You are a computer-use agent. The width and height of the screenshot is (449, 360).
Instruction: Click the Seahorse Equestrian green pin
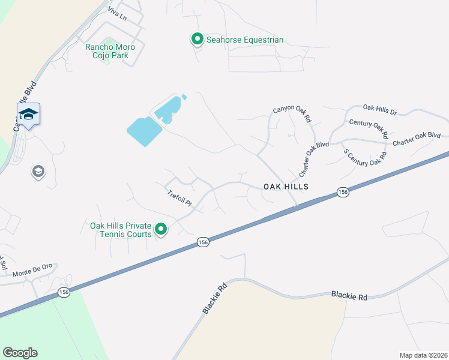tap(197, 40)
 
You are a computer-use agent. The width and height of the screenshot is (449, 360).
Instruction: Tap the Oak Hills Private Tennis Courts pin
tap(161, 229)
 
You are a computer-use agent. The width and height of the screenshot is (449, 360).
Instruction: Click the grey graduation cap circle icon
tap(38, 172)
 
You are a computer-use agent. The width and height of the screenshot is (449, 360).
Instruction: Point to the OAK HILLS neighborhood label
tap(286, 187)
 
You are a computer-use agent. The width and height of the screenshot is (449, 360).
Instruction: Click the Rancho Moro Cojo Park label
tap(110, 52)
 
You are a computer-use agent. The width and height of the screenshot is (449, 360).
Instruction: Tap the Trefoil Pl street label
tap(179, 199)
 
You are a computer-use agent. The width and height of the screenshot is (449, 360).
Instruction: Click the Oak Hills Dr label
tap(380, 109)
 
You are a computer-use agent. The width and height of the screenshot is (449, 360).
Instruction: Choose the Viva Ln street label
tap(118, 14)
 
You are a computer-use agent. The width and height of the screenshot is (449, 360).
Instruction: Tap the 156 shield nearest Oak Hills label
tap(342, 192)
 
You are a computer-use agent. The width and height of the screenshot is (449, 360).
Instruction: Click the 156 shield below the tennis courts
tap(203, 242)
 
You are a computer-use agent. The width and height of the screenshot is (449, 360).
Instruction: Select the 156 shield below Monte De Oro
tap(64, 292)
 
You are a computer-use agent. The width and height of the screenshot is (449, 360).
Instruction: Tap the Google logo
tap(20, 353)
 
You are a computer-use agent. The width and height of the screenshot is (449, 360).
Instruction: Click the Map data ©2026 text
tap(423, 355)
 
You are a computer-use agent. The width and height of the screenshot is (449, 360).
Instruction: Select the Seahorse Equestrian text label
tap(245, 40)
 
